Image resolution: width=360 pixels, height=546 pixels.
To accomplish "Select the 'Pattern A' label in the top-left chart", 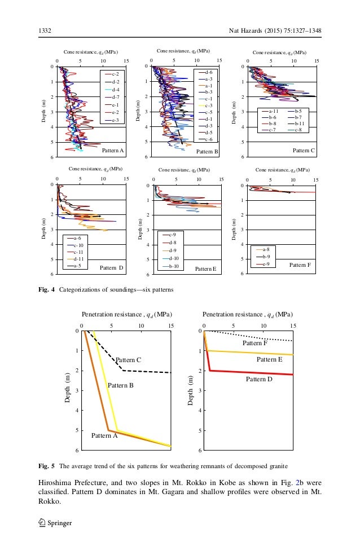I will [x=112, y=151].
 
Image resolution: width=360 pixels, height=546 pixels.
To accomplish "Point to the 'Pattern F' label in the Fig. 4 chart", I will [x=302, y=264].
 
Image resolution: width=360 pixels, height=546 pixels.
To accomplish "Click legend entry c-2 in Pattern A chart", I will [x=115, y=74].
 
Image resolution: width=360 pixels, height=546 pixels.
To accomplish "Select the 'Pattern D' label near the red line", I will [x=259, y=380].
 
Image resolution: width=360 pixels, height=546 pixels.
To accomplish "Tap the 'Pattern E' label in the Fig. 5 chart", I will [x=270, y=359].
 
